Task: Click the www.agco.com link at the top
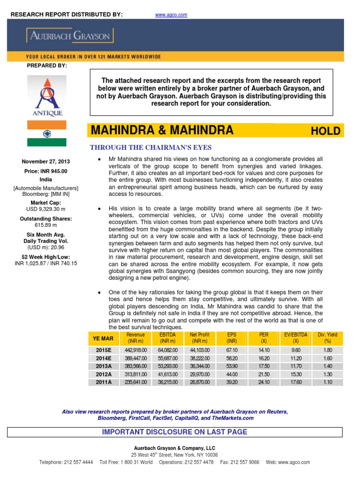(171, 15)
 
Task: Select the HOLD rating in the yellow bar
(325, 131)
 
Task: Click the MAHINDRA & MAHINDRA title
(162, 130)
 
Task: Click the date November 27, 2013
(45, 162)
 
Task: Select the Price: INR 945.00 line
(45, 171)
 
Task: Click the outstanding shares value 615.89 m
(45, 225)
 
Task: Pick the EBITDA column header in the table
(167, 338)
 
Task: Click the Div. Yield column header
(328, 338)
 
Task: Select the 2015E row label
(104, 350)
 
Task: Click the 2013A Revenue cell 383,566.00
(135, 366)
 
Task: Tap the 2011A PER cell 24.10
(263, 382)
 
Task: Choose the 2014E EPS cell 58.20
(232, 358)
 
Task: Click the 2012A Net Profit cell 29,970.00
(199, 374)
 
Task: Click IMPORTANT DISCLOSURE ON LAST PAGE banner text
(174, 432)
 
